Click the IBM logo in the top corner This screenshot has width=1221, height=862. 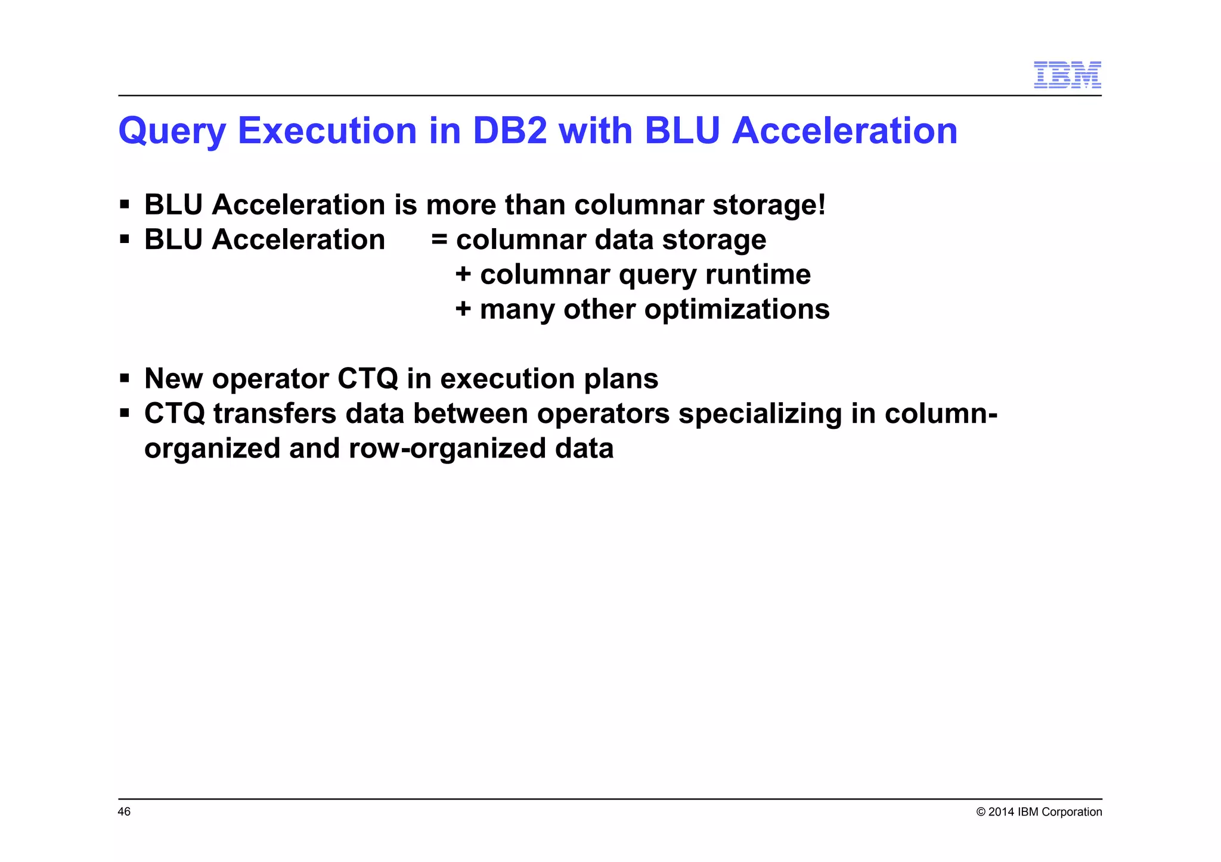(x=1067, y=75)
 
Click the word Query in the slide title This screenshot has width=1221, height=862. (x=172, y=131)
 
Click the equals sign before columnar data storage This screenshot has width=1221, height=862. (x=439, y=239)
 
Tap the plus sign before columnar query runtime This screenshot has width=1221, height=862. (x=463, y=275)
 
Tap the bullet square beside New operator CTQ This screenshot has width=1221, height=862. (x=125, y=378)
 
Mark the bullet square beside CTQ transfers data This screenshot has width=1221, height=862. (x=125, y=413)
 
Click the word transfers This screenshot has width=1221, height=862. (x=275, y=413)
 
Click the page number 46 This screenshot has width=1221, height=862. (x=124, y=812)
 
